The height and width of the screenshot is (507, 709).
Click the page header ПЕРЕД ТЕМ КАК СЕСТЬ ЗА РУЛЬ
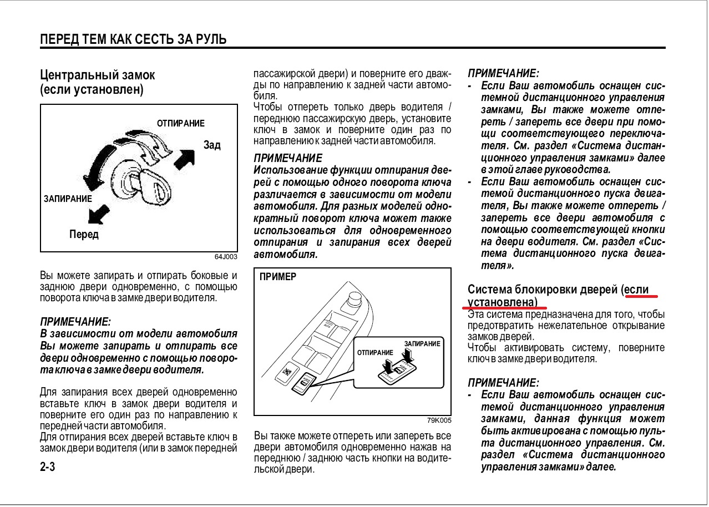(133, 39)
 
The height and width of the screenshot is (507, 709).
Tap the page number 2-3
(48, 467)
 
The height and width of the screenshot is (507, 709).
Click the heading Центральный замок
(98, 75)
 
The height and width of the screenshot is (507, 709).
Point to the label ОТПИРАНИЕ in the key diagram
(181, 123)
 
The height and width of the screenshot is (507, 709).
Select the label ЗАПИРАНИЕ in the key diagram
(68, 198)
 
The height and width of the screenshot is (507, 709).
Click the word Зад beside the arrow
(212, 145)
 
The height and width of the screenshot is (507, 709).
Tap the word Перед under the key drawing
(84, 235)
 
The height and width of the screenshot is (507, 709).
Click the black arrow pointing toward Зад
(185, 160)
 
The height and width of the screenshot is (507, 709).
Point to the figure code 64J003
(226, 257)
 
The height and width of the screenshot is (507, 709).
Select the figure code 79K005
(439, 420)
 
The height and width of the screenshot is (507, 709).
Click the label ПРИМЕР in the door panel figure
(278, 277)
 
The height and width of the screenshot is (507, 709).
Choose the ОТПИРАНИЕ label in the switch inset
(375, 353)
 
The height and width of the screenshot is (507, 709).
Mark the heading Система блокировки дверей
(543, 290)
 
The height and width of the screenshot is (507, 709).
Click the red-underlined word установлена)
(503, 302)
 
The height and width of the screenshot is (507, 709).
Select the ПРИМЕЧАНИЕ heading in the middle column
(287, 158)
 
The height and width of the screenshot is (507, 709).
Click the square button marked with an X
(286, 370)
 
